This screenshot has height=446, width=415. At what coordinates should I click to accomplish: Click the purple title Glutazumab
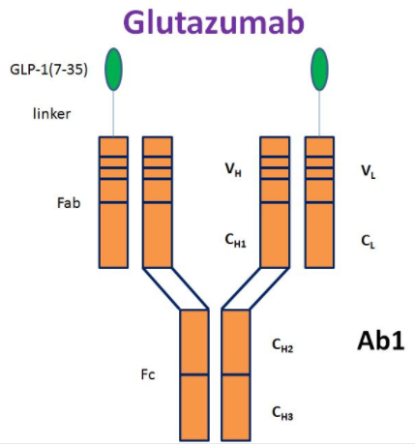point(214,22)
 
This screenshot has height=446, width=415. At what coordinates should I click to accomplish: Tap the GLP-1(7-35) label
point(48,70)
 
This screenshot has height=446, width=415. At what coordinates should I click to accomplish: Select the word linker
point(51,114)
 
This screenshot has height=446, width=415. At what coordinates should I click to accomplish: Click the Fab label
point(69,203)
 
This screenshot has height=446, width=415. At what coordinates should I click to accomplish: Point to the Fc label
point(148,374)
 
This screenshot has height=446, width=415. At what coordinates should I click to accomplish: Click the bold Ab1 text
point(381,341)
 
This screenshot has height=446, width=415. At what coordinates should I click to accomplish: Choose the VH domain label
point(233,169)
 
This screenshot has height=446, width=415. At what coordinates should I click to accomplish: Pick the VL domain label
point(369,171)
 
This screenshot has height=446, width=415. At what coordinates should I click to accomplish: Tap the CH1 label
point(235,241)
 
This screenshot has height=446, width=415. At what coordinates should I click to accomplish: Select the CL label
point(368,242)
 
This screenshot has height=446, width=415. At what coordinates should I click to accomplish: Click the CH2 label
point(282,345)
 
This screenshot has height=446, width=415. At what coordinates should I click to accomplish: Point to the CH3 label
point(282,413)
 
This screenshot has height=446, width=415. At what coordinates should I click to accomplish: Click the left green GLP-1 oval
point(113,69)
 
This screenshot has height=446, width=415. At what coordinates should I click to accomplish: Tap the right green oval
point(319,69)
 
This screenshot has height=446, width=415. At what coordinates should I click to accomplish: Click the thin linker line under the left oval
point(113,113)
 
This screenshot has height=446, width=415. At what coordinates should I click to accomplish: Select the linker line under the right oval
point(319,113)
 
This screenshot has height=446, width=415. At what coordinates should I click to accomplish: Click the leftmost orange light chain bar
point(113,202)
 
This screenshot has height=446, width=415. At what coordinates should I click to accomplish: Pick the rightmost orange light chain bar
point(319,202)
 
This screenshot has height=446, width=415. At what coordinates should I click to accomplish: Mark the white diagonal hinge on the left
point(176,288)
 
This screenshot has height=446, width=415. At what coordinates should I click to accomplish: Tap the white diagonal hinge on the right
point(255,288)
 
